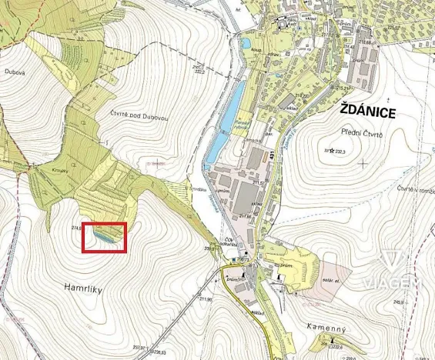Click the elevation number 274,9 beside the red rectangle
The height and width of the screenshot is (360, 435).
click(x=76, y=228)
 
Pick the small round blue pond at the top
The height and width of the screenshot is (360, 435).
click(x=246, y=44)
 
